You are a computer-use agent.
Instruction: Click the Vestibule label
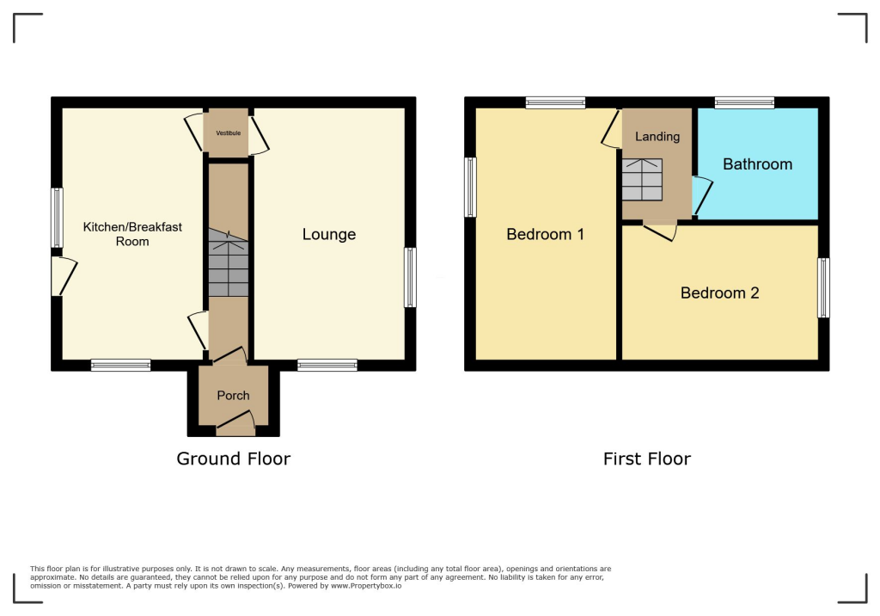[x=229, y=133]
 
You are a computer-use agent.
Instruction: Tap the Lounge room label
[x=329, y=234]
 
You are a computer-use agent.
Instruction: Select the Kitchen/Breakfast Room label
[x=132, y=234]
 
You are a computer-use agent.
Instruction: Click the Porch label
[x=234, y=396]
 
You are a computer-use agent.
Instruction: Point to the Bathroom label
[x=758, y=164]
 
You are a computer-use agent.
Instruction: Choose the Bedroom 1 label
[x=546, y=234]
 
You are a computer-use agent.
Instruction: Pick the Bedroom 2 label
[x=720, y=293]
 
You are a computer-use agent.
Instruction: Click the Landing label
[x=657, y=137]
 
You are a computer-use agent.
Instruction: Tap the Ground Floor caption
[x=234, y=459]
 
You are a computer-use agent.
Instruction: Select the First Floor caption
[x=647, y=459]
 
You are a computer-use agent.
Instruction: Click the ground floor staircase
[x=229, y=262]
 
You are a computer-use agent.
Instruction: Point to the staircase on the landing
[x=642, y=179]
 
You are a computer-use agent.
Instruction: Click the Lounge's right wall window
[x=410, y=278]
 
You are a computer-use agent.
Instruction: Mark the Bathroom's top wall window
[x=745, y=102]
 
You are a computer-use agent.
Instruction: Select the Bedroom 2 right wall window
[x=823, y=287]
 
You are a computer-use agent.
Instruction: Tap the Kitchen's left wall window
[x=57, y=218]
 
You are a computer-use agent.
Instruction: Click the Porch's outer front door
[x=235, y=422]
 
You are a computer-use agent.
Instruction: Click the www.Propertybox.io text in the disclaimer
[x=366, y=586]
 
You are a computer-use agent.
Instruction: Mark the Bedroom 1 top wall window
[x=556, y=102]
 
